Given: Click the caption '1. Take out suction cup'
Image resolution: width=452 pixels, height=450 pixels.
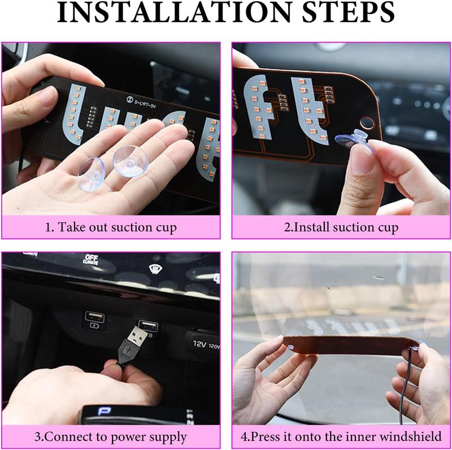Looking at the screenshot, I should pos(111,228).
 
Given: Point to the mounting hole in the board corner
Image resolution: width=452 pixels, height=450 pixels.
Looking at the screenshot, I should pos(367,123).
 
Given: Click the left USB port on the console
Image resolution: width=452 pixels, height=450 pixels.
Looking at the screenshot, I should pos(94,318).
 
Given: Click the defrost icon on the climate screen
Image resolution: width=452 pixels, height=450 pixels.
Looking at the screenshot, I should pos(154,269).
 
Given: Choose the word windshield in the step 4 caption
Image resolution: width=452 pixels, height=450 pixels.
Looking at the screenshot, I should pos(412,437).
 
